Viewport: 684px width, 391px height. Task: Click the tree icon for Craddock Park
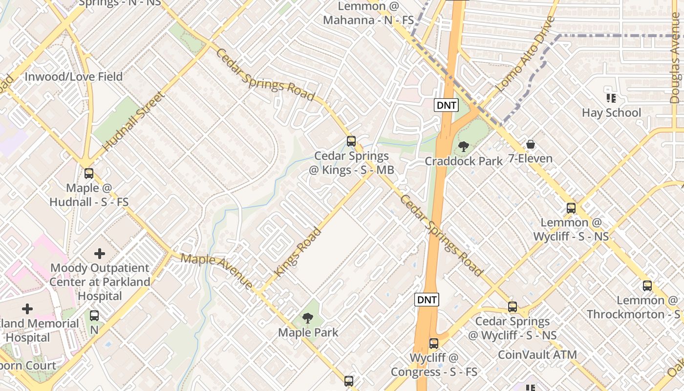click(x=463, y=146)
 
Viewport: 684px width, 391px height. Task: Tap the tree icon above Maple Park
click(x=308, y=318)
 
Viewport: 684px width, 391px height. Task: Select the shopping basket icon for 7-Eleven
click(x=531, y=144)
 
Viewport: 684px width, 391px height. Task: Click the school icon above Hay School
click(x=611, y=98)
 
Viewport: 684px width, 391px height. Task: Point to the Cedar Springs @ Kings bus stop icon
click(x=351, y=141)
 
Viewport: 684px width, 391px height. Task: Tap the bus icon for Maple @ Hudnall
click(x=89, y=173)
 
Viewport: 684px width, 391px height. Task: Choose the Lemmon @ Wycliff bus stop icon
click(x=571, y=208)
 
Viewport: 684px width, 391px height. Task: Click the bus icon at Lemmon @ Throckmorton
click(x=647, y=286)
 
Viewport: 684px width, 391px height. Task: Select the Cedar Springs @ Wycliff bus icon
click(x=513, y=307)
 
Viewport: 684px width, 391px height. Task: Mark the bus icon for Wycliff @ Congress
click(x=434, y=343)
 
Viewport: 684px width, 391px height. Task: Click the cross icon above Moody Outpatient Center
click(x=100, y=253)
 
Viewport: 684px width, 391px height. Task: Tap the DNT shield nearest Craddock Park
click(x=447, y=105)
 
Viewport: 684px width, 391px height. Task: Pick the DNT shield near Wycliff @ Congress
click(x=427, y=300)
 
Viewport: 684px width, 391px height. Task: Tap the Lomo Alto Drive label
click(x=526, y=54)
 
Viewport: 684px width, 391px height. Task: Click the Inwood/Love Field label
click(x=73, y=77)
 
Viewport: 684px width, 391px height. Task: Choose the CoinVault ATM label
click(x=537, y=354)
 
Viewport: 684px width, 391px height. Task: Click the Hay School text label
click(x=611, y=113)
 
